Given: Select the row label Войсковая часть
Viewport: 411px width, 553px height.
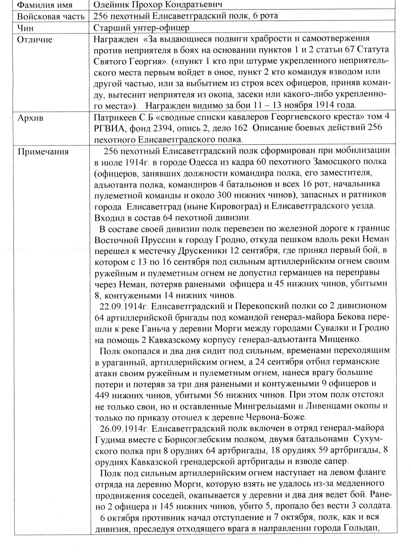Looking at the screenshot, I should point(51,16).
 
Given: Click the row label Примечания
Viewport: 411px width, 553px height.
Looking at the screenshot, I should point(43,152).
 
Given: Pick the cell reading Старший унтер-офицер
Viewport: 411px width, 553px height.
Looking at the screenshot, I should point(142,28).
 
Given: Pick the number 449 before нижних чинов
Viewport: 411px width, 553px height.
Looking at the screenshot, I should point(103,395).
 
